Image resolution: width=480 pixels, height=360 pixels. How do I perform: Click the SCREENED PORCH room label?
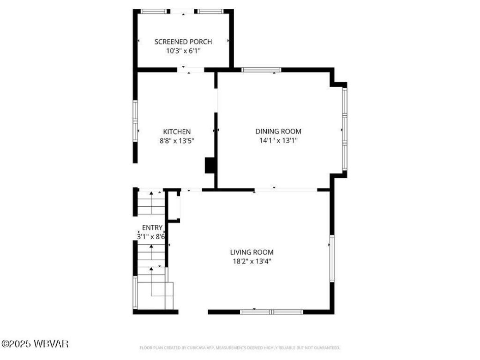(x=183, y=42)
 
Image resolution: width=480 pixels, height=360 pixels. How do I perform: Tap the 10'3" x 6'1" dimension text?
(x=183, y=51)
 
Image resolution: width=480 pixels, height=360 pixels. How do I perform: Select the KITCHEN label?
(x=177, y=132)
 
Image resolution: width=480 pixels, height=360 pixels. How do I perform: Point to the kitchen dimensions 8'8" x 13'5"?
(x=177, y=141)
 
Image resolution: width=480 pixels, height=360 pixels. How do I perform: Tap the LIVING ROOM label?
(x=252, y=252)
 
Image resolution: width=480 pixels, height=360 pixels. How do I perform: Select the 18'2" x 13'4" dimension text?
(x=252, y=261)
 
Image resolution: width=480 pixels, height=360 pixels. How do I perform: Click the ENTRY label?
(x=152, y=228)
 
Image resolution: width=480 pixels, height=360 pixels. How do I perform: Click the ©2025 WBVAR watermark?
(x=35, y=344)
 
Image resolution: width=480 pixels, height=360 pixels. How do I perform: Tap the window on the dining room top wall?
(x=262, y=70)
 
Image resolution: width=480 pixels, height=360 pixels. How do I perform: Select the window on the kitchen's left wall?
(x=135, y=121)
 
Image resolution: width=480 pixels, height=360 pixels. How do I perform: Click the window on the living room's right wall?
(x=331, y=258)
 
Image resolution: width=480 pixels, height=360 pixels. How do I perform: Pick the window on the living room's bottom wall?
(x=271, y=312)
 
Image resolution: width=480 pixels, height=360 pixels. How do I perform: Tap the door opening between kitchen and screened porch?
(x=191, y=70)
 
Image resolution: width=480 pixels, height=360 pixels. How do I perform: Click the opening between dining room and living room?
(x=286, y=189)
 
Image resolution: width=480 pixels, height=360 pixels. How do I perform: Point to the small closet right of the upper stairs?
(x=174, y=206)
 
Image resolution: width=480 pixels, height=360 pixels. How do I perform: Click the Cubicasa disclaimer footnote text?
(x=240, y=348)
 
